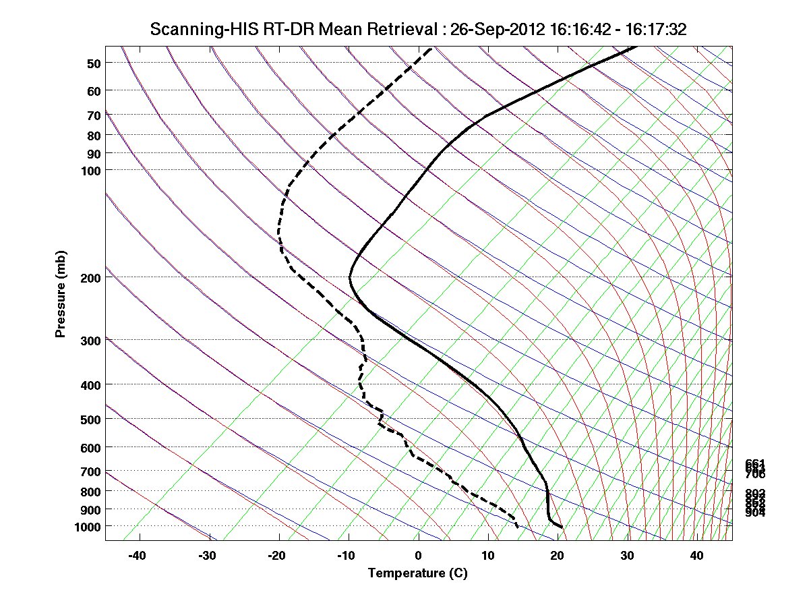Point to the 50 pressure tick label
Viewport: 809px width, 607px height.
[x=94, y=63]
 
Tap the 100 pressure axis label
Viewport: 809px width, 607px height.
[x=91, y=170]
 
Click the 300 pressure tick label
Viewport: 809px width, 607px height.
[x=91, y=340]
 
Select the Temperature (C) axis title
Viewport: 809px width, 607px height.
[x=417, y=573]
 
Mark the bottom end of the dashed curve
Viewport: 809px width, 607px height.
[x=518, y=527]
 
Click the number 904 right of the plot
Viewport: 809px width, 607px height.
[x=754, y=513]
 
